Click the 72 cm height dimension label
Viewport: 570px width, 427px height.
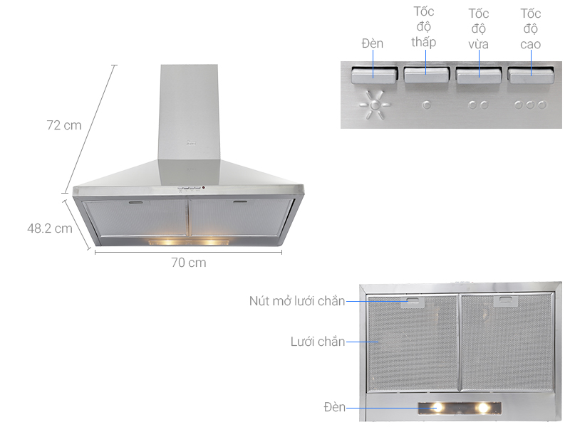[x=64, y=125]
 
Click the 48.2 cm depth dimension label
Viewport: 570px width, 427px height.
[x=50, y=228]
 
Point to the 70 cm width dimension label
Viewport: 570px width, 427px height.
[x=189, y=263]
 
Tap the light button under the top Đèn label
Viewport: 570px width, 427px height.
[x=373, y=75]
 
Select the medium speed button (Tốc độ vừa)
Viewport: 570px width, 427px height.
[x=478, y=75]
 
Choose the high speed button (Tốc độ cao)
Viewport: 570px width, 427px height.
[x=531, y=75]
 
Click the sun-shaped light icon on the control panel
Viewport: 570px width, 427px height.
[x=375, y=105]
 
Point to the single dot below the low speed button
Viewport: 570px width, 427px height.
[x=426, y=105]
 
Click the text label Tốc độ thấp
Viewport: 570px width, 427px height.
[x=424, y=27]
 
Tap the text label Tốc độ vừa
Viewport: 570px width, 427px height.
[x=478, y=29]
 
